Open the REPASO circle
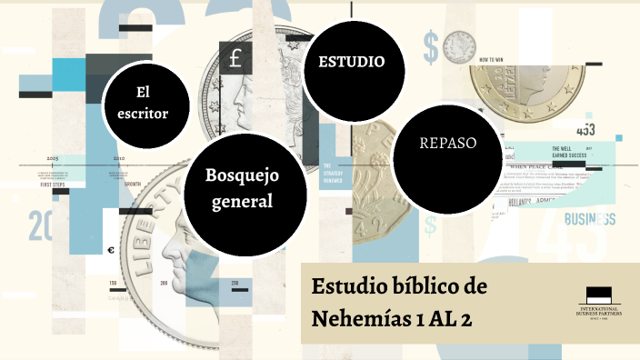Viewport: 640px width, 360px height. tap(446, 143)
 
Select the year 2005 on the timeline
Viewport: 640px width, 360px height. tap(53, 157)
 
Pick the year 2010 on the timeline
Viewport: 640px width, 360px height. tap(118, 157)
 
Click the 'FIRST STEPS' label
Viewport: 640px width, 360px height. tap(53, 185)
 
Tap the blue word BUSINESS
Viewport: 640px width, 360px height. tap(589, 219)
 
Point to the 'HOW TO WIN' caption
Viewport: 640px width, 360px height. tap(492, 57)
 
